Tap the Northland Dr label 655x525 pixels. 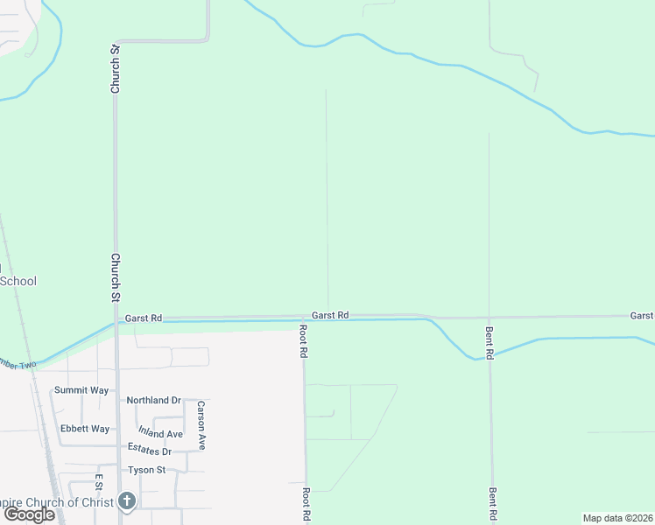pyautogui.click(x=153, y=400)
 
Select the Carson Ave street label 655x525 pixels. pyautogui.click(x=201, y=425)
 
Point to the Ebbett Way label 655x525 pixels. pyautogui.click(x=85, y=429)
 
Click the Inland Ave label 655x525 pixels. pyautogui.click(x=160, y=432)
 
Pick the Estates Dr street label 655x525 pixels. pyautogui.click(x=150, y=450)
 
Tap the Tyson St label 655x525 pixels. pyautogui.click(x=147, y=470)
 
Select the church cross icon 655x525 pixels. pyautogui.click(x=127, y=501)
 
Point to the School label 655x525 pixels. pyautogui.click(x=18, y=281)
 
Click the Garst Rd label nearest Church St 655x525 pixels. pyautogui.click(x=144, y=318)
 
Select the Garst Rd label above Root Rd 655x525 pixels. pyautogui.click(x=331, y=314)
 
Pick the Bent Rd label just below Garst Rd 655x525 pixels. pyautogui.click(x=490, y=342)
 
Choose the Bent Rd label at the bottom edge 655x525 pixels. pyautogui.click(x=494, y=504)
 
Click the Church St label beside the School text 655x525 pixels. pyautogui.click(x=115, y=277)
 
